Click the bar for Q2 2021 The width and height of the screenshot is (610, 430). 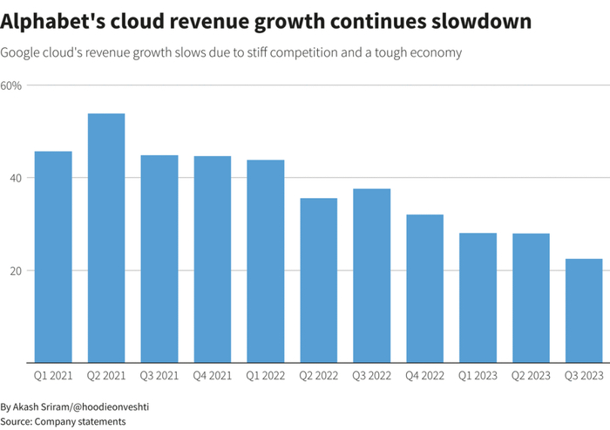coord(106,237)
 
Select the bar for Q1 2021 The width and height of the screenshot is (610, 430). coord(53,256)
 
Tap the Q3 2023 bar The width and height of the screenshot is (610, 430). coord(584,310)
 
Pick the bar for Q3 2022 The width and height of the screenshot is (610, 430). coord(371,275)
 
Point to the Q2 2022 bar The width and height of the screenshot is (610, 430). coord(318,280)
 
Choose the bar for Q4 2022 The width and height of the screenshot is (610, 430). coord(424,288)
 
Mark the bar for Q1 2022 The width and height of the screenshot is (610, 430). coord(265,261)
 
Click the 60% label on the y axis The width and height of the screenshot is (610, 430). coord(12,85)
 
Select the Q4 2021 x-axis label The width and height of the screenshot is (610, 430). coord(212,376)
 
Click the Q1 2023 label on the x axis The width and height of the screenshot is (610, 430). coord(478,376)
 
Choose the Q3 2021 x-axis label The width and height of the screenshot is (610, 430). coord(159,376)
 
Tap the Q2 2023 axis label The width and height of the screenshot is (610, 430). coord(531,376)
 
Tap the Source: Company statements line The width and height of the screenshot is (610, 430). coord(63,421)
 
